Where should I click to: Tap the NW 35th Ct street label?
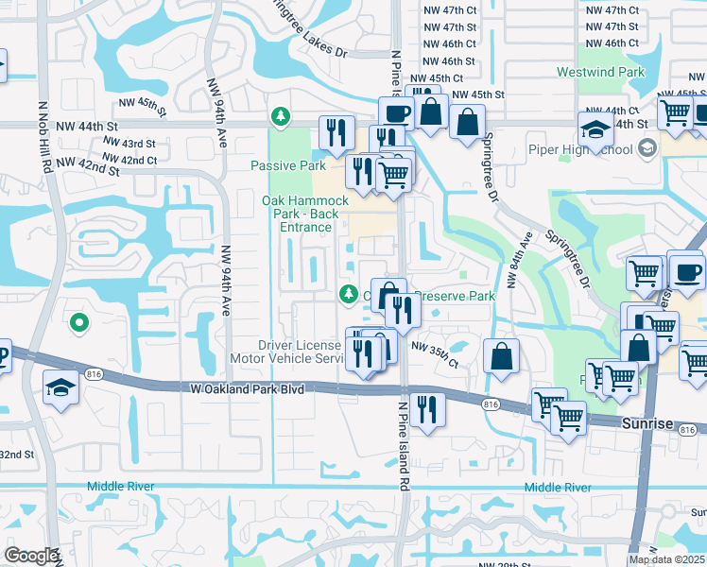(x=434, y=362)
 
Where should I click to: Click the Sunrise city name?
(x=647, y=425)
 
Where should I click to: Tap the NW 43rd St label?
(x=130, y=144)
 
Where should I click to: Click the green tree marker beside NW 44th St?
(x=280, y=116)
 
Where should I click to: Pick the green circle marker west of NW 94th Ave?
(x=79, y=323)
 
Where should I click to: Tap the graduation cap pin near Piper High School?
(x=596, y=130)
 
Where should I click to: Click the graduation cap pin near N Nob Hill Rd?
(x=60, y=387)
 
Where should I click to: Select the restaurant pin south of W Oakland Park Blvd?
(x=427, y=409)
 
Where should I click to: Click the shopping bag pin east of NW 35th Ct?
(x=501, y=356)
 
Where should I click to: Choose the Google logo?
(x=30, y=556)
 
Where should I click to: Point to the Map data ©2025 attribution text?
(x=665, y=559)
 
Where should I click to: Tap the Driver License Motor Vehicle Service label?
(x=288, y=352)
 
